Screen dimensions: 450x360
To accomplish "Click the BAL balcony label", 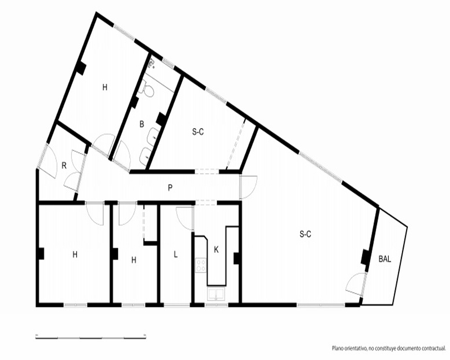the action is point(385,259).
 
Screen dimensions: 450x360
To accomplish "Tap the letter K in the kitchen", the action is point(216,250).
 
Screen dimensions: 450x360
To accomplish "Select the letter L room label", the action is point(175,254).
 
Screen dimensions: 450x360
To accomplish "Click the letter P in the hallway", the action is point(170,188).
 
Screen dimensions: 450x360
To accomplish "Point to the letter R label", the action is point(64,166).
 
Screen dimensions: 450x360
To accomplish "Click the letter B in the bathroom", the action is point(141,124).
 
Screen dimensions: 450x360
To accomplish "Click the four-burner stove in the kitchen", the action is point(201,265).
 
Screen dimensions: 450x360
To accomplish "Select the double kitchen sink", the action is point(216,295).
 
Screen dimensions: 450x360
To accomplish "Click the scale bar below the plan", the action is point(91,337).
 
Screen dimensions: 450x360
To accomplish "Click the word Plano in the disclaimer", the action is point(337,348).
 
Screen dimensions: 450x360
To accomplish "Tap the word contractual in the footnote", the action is point(433,348).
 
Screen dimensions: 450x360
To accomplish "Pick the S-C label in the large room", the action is point(305,234).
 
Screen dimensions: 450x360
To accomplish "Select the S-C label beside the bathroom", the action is point(198,132).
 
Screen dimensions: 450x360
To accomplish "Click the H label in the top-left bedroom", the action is point(105,87).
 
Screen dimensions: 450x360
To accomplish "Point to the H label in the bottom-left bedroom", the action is point(75,254).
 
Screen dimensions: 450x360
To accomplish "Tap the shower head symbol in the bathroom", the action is point(152,64).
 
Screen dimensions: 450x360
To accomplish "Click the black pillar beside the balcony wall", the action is point(365,257).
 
